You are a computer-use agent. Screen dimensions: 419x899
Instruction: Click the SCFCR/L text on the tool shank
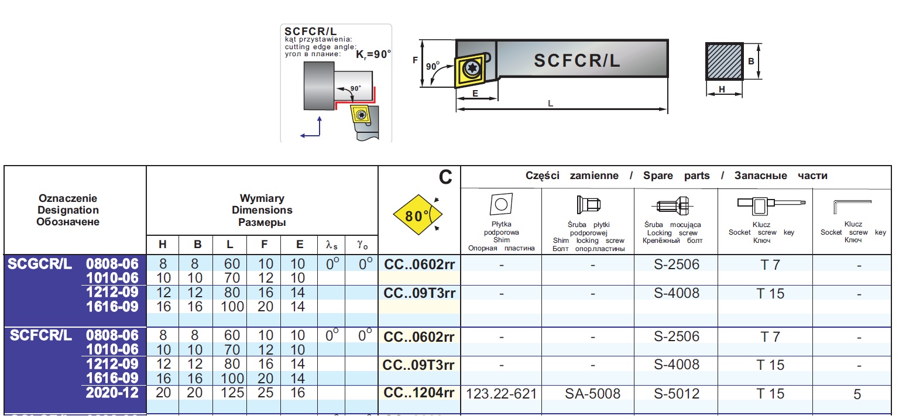[x=577, y=60]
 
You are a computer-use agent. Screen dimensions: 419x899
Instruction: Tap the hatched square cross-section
[x=725, y=61]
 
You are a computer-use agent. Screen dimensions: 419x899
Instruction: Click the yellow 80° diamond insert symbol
[x=414, y=216]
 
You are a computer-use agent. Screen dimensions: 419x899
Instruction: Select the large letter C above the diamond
[x=446, y=177]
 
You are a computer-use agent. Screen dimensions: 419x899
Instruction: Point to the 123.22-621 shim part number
[x=501, y=393]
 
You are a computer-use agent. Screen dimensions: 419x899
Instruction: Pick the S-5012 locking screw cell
[x=676, y=393]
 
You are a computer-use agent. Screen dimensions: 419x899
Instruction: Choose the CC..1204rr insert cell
[x=418, y=393]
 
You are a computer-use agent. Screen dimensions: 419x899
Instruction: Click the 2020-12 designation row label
[x=112, y=393]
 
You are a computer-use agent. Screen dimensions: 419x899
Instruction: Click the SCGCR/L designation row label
[x=40, y=264]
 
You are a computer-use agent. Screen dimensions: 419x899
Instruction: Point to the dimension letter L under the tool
[x=550, y=104]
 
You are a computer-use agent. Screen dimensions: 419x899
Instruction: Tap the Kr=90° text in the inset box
[x=373, y=54]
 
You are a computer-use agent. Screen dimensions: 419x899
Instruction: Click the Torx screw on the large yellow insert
[x=471, y=70]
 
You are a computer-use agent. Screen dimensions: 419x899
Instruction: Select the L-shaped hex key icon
[x=852, y=207]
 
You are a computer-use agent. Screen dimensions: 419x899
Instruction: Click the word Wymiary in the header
[x=262, y=199]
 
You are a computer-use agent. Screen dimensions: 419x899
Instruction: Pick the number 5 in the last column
[x=857, y=394]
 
